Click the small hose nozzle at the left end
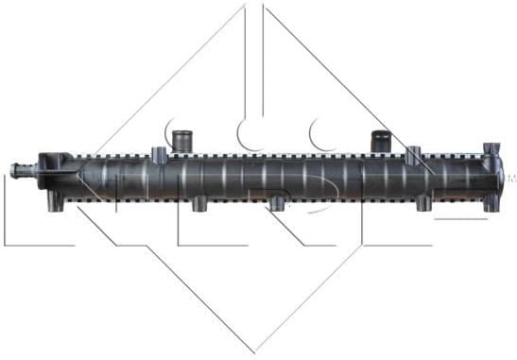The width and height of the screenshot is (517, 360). click(20, 170)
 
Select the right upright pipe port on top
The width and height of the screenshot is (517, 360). click(382, 141)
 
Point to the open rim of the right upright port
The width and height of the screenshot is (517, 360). click(382, 132)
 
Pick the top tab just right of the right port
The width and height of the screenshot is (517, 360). click(413, 154)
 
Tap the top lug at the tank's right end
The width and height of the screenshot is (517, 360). click(491, 150)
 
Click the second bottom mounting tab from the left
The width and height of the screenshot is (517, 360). click(199, 203)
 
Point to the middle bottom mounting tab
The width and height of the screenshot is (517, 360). click(276, 203)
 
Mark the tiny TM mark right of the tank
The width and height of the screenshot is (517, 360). click(511, 177)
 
